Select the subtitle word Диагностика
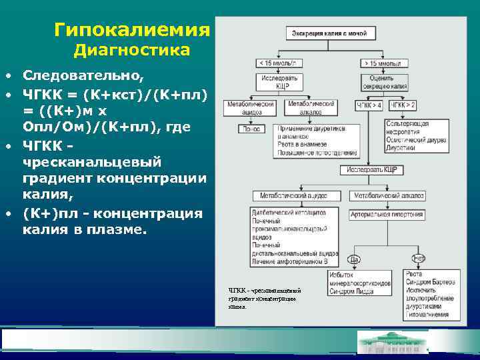[x=132, y=50]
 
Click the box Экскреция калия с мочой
[x=327, y=32]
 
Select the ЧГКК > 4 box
[x=369, y=105]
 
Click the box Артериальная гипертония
[x=389, y=215]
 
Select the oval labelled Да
[x=355, y=258]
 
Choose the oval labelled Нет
[x=419, y=258]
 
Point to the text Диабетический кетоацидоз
[x=288, y=211]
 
